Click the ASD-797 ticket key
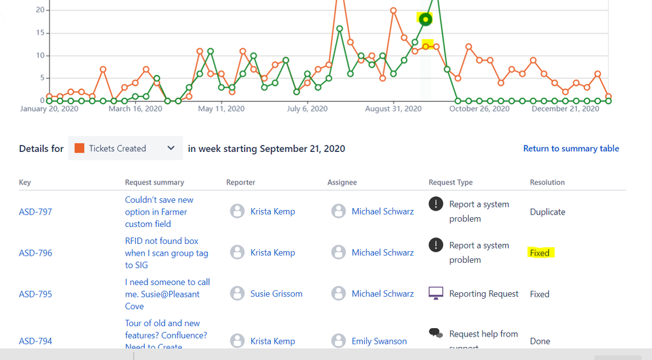[35, 212]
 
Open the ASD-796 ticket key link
[35, 253]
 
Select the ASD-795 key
[35, 294]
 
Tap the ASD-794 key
[35, 341]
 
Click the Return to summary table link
[571, 149]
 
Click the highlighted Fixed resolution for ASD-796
[540, 253]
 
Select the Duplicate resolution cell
[548, 212]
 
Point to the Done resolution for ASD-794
[540, 341]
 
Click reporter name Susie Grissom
[276, 294]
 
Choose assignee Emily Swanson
[379, 341]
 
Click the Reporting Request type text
[484, 294]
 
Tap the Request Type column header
[450, 183]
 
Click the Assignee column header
[342, 183]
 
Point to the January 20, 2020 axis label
[49, 109]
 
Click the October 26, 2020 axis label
[479, 109]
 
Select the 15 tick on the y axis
[40, 33]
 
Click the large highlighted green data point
[426, 20]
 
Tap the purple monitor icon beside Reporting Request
[435, 293]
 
